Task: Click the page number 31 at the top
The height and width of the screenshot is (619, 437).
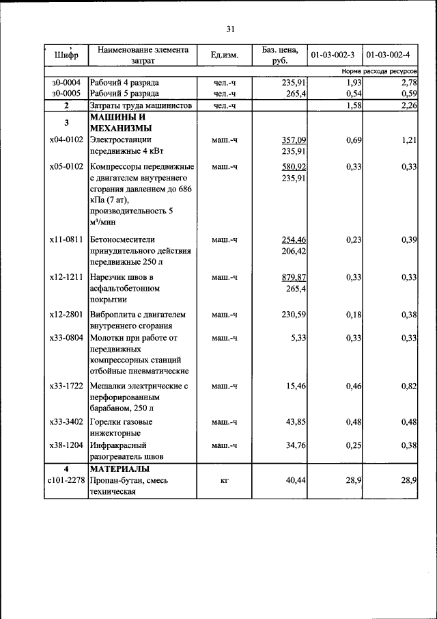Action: click(x=230, y=29)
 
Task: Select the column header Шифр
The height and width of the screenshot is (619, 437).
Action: click(x=66, y=54)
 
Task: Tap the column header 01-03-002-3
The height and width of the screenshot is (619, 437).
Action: click(x=333, y=54)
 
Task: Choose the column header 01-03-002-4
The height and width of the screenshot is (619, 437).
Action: click(x=389, y=54)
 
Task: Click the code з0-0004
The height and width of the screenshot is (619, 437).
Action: click(x=66, y=82)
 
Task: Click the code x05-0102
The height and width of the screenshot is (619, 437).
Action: click(x=66, y=166)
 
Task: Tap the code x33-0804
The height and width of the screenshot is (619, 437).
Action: click(x=66, y=337)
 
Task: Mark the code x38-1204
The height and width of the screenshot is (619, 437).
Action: click(x=66, y=445)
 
